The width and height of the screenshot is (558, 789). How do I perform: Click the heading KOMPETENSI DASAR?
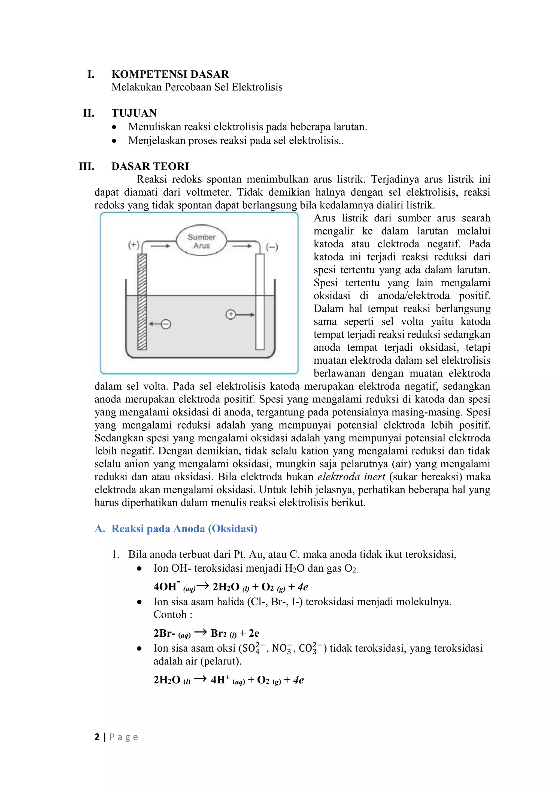(x=170, y=74)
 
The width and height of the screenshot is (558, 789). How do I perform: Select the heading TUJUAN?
(x=134, y=113)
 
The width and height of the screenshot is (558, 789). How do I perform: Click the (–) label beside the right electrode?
(x=272, y=247)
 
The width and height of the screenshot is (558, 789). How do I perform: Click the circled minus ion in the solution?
(x=166, y=324)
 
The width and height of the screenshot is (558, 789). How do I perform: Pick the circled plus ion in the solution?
(x=231, y=314)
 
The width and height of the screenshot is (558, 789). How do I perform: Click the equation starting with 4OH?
(x=231, y=587)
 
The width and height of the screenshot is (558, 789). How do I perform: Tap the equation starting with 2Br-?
(x=206, y=633)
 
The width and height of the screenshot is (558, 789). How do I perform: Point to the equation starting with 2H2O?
(x=229, y=680)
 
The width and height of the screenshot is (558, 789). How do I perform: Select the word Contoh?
(x=170, y=614)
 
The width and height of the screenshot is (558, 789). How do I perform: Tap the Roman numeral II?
(x=89, y=113)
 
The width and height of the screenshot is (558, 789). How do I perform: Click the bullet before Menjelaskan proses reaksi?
(x=114, y=141)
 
